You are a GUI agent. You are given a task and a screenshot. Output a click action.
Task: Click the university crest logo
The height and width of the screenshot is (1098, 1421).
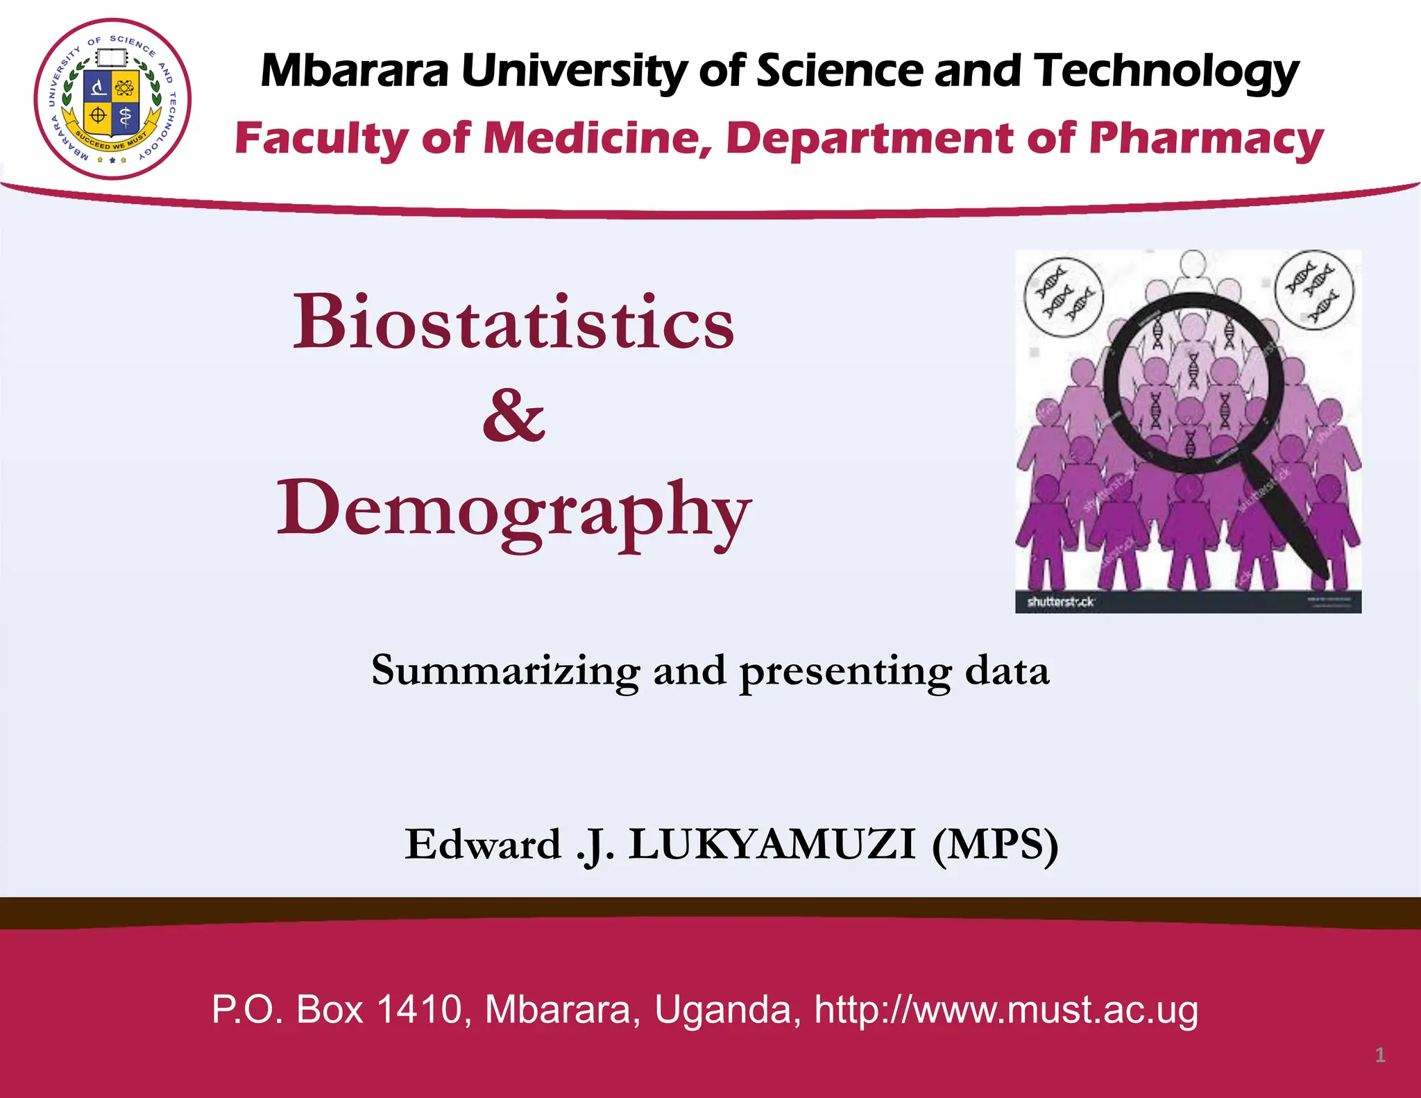(112, 99)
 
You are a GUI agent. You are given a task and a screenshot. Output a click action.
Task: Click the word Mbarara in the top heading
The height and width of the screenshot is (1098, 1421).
(355, 71)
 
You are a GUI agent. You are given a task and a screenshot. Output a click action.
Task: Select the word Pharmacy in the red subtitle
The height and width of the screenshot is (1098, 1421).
(1206, 139)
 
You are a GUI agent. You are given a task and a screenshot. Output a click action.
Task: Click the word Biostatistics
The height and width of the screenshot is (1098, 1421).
(513, 322)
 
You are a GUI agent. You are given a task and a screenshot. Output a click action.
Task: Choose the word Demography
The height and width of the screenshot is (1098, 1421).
(513, 510)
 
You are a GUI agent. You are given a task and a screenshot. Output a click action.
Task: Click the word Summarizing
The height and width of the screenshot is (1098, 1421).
(505, 671)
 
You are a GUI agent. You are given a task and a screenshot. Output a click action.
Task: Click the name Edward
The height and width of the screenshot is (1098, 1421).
(483, 845)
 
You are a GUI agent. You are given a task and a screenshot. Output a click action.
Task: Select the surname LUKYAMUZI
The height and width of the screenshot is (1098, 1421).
(772, 845)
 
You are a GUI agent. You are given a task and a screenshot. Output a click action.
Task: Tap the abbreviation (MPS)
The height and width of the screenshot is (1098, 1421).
(995, 845)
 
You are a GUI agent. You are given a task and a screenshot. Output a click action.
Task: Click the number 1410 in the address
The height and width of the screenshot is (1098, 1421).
(420, 1009)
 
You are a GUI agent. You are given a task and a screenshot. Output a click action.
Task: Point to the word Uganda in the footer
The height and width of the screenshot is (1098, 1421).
(726, 1011)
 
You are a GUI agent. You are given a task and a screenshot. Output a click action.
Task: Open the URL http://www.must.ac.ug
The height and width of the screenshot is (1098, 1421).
(1006, 1009)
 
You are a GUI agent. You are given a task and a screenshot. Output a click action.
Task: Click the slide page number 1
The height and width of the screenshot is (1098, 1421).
(1380, 1056)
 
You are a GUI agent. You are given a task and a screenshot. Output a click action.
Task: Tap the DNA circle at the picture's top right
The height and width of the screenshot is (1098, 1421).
(1314, 289)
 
